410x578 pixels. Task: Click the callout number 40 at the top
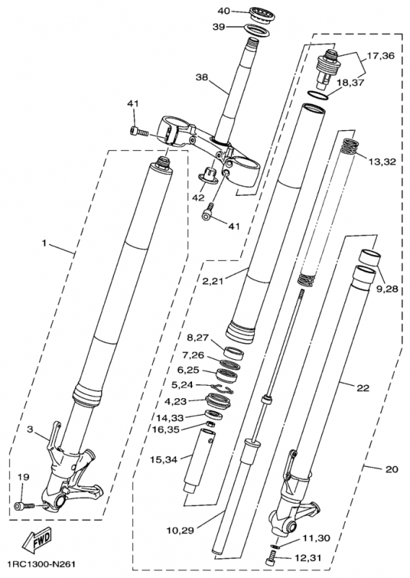tap(224, 11)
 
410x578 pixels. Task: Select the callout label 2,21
tap(214, 280)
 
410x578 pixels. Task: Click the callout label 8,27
tap(197, 337)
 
